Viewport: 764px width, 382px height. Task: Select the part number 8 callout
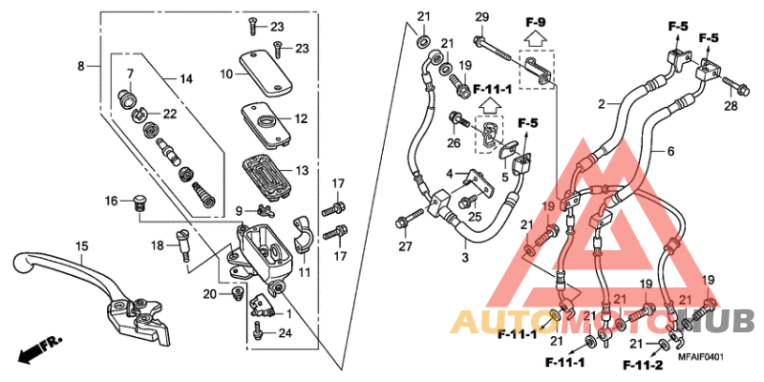coord(82,65)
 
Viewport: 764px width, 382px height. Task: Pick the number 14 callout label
coord(185,78)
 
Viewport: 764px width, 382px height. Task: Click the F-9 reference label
coord(535,20)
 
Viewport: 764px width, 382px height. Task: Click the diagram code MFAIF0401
coord(702,357)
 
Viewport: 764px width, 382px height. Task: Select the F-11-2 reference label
coord(644,364)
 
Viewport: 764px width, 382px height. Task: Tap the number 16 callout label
coord(111,201)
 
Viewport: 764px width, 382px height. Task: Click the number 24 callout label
coord(283,333)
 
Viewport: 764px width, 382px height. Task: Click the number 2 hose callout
coord(603,103)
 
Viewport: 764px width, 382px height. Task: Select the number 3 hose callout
coord(464,258)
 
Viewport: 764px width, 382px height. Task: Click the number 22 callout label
coord(170,114)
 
